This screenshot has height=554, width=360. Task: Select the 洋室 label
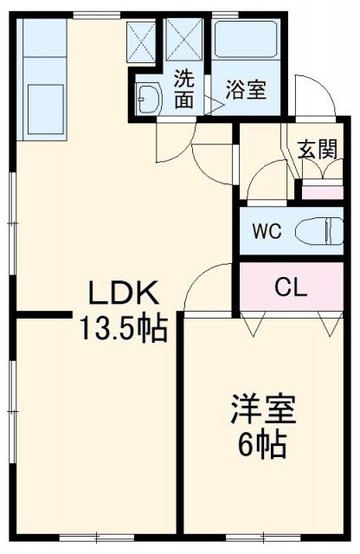click(x=262, y=409)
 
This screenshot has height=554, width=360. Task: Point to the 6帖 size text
click(x=262, y=444)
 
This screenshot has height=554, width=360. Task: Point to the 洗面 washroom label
click(x=183, y=87)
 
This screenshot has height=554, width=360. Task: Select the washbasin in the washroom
click(x=148, y=100)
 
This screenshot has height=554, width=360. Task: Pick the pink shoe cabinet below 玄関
click(x=321, y=191)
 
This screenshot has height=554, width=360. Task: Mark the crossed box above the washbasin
click(x=142, y=38)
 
